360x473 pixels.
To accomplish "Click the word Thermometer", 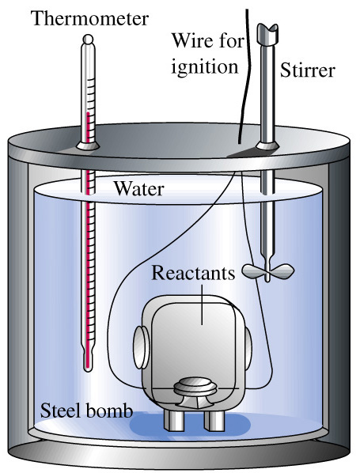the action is (89, 19).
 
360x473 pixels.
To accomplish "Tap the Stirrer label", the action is (308, 70).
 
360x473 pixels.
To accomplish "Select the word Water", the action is (138, 189).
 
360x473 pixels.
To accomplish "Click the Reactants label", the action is (193, 273).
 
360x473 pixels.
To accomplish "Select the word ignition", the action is (205, 67).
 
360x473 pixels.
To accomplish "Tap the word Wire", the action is (190, 40).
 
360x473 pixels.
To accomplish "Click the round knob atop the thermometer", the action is (88, 40).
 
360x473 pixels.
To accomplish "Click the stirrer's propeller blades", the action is (268, 271).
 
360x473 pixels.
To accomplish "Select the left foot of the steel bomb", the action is (174, 420).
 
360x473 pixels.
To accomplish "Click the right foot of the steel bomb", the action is (214, 420).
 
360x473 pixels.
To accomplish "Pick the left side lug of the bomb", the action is (141, 347).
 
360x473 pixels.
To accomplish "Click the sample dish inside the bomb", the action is (195, 388).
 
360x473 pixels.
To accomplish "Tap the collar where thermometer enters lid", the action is (88, 146).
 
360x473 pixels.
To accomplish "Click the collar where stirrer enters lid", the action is (267, 146).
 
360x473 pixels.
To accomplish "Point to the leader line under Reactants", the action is (202, 305).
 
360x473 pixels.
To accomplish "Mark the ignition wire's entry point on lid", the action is (239, 142).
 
